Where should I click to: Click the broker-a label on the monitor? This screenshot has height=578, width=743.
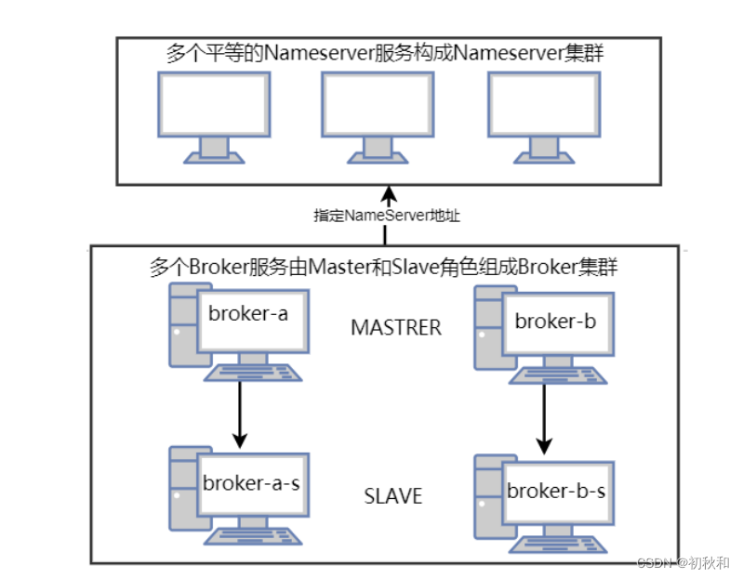pos(248,314)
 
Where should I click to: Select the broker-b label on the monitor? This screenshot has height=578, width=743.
pos(554,322)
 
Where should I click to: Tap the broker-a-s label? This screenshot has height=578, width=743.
pos(250,482)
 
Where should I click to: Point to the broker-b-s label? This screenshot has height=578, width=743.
pos(556,491)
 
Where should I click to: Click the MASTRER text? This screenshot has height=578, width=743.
pos(396,328)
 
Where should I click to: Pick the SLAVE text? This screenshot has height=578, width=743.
pos(392,496)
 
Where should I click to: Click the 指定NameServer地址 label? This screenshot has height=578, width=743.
pos(387,216)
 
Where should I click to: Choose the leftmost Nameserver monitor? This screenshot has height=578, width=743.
pos(214,116)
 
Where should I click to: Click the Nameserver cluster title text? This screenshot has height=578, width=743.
pos(385,53)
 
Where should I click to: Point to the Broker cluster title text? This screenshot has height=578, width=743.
pos(384,268)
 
